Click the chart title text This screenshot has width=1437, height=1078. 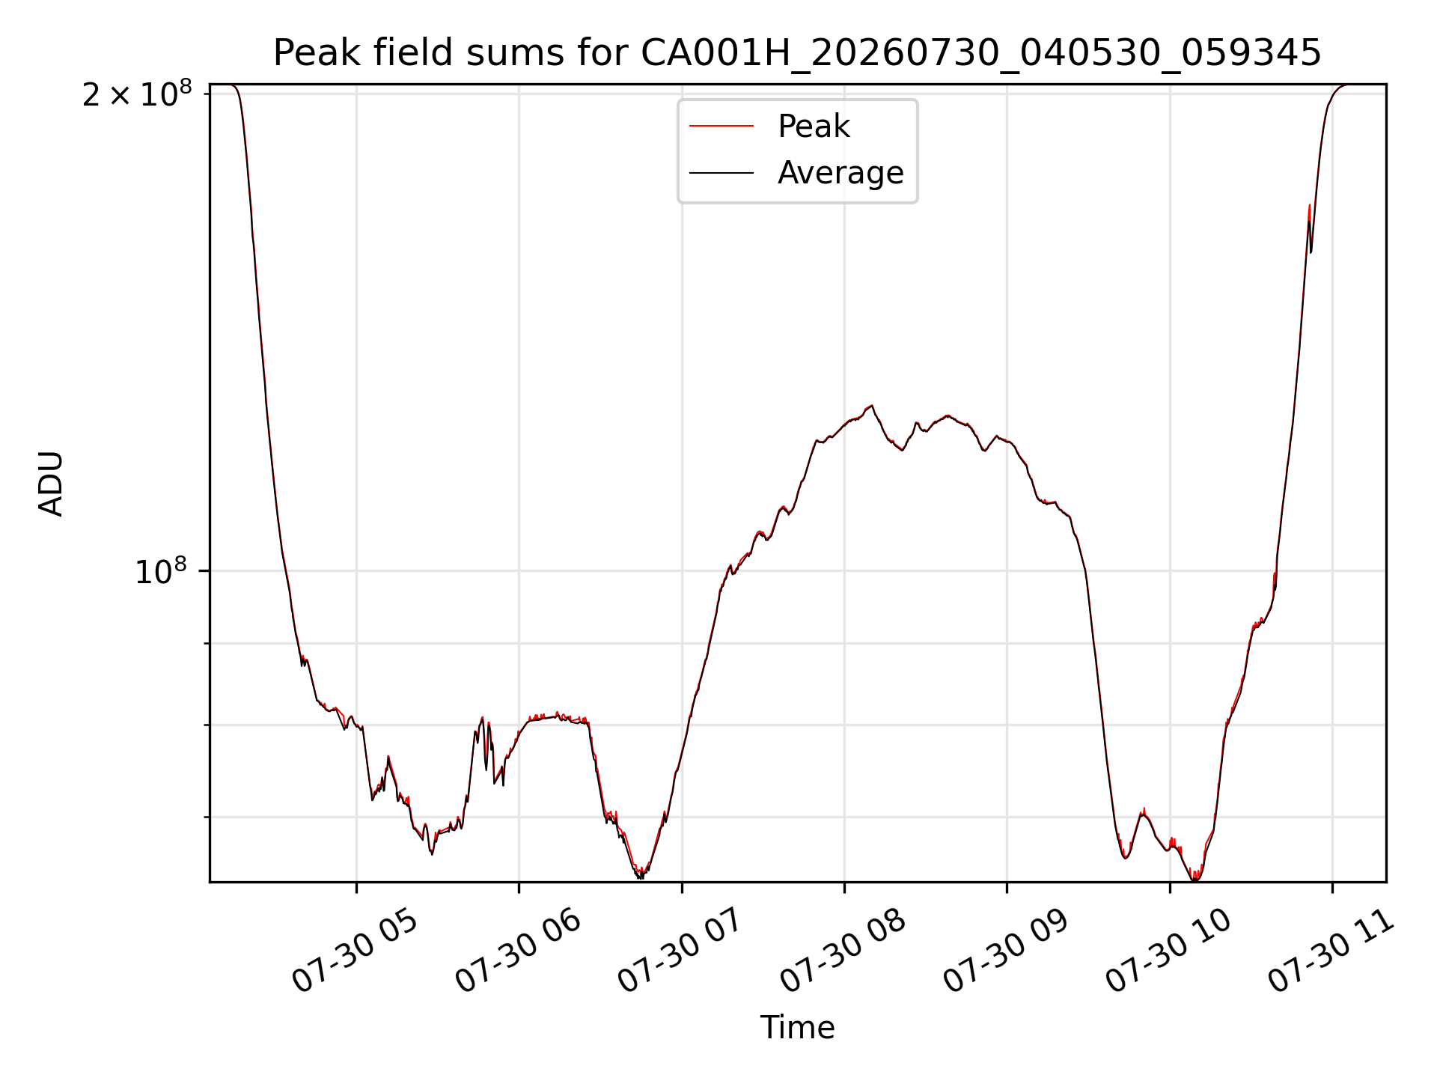coord(797,53)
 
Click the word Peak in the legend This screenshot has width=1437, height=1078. coord(814,127)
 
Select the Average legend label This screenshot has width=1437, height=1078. coord(840,173)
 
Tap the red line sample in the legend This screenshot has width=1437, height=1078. coord(721,127)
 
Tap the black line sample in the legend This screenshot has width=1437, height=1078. coord(721,173)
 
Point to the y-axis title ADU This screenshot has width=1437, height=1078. coord(51,484)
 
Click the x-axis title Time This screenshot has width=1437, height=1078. coord(797,1028)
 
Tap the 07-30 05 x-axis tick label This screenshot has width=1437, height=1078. coord(354,951)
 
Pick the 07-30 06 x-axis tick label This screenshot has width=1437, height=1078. coord(517,951)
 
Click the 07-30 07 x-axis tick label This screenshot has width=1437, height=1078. coord(680,951)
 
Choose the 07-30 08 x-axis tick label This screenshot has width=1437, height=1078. coord(843,951)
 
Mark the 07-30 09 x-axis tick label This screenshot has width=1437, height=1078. coord(1005,951)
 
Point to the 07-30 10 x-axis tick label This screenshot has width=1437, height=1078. coord(1168,951)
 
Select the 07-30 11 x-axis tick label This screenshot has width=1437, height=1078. coord(1331,951)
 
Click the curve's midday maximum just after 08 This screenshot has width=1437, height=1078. coord(871,406)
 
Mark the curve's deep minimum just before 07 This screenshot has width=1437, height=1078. coord(641,876)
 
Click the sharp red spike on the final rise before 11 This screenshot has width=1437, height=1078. coord(1309,205)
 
